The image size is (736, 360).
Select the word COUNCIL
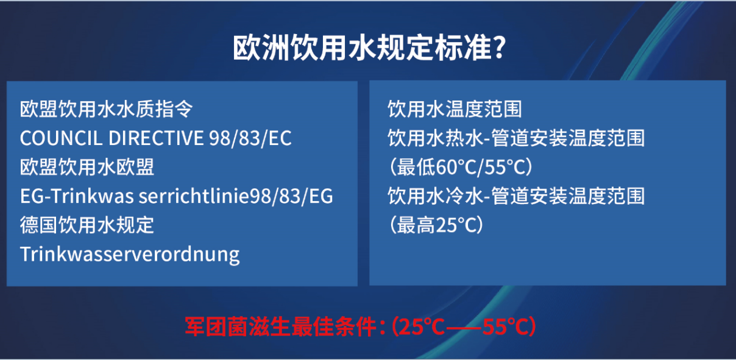62,138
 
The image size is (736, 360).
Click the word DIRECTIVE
156,138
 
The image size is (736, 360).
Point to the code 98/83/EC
250,138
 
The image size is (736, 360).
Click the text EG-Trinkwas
77,196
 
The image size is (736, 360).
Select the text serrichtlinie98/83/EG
236,196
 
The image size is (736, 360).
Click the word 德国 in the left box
39,225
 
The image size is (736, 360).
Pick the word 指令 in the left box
174,109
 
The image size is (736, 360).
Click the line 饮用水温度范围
455,109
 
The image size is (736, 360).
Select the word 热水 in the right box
464,138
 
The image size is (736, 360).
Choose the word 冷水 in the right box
464,196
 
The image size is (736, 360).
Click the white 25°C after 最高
456,225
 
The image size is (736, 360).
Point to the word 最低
416,167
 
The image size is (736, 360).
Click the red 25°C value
422,327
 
